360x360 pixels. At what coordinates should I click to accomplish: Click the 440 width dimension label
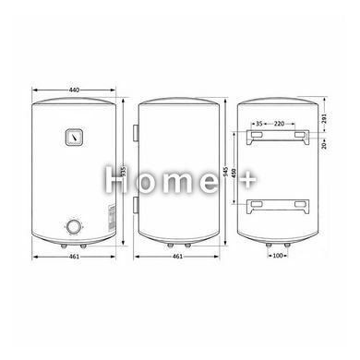[74, 90]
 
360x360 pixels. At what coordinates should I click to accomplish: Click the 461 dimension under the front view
[74, 257]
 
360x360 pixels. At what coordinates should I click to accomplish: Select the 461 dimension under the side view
[177, 257]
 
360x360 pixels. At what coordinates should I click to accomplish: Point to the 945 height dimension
[226, 173]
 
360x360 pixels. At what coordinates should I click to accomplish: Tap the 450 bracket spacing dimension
[234, 173]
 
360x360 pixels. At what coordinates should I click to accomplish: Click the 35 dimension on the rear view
[259, 124]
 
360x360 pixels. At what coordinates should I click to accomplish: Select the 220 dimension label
[279, 124]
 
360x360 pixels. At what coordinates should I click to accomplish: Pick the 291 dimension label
[324, 118]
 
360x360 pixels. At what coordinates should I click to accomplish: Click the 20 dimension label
[324, 145]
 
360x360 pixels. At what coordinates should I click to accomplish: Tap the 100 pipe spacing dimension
[278, 256]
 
